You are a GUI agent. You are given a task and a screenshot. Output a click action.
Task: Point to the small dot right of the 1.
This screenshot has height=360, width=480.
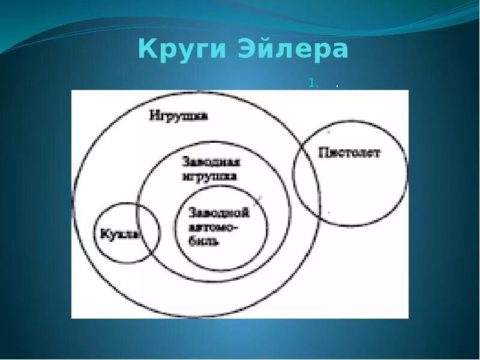(x=337, y=86)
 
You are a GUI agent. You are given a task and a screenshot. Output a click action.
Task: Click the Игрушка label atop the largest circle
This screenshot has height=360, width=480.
(x=178, y=115)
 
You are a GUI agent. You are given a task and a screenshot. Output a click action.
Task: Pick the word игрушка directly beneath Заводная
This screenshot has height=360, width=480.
(x=209, y=176)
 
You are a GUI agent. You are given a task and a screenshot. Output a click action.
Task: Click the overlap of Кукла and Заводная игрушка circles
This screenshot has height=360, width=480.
(x=148, y=231)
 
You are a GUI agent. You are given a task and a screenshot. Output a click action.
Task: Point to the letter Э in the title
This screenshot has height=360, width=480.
(x=262, y=50)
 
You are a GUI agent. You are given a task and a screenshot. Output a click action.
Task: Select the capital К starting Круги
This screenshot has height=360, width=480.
(x=146, y=50)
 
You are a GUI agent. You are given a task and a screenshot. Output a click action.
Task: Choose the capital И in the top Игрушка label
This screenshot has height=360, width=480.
(x=154, y=115)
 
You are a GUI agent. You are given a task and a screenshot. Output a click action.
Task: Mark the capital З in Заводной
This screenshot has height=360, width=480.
(x=192, y=212)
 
